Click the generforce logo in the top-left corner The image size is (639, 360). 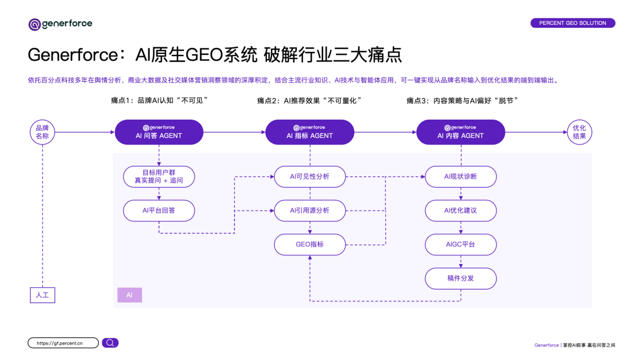tap(60, 24)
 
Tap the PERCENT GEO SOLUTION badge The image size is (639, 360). tap(572, 23)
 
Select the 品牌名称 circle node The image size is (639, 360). tap(43, 132)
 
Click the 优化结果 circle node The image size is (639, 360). tap(579, 132)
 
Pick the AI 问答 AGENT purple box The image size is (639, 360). tap(159, 132)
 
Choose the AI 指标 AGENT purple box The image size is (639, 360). tap(309, 132)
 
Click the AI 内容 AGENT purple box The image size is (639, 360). tap(460, 132)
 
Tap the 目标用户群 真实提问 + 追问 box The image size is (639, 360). tap(159, 176)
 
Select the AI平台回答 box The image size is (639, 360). tap(159, 210)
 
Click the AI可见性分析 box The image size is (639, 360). tap(309, 176)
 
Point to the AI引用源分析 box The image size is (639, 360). tap(309, 210)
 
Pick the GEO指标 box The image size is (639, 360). tap(309, 244)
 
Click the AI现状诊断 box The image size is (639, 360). tap(460, 176)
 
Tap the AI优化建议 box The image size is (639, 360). tap(460, 210)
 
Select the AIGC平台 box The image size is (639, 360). tap(460, 244)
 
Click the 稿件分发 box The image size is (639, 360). tap(460, 278)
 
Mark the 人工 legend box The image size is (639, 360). tap(43, 294)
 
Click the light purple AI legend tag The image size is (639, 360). tap(130, 294)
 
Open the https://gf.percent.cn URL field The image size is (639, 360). tap(63, 343)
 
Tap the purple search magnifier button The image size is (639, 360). tap(110, 343)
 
